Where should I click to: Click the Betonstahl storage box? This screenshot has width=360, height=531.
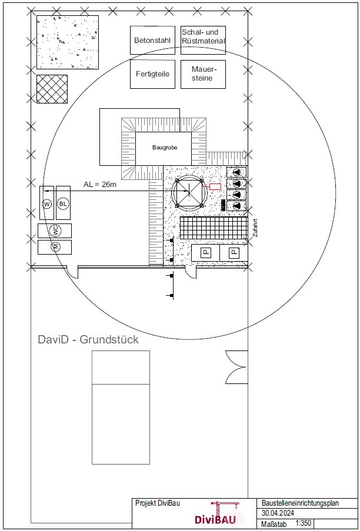[x=152, y=41]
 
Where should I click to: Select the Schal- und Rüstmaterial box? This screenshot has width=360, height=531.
[x=203, y=41]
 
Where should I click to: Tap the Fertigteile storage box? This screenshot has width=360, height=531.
[x=152, y=74]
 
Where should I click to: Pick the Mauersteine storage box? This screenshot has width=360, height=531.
[x=203, y=74]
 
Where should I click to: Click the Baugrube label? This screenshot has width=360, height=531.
[x=165, y=148]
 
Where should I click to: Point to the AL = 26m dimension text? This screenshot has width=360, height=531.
[x=100, y=184]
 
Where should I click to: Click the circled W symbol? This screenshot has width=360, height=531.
[x=47, y=203]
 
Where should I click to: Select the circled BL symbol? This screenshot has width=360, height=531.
[x=63, y=203]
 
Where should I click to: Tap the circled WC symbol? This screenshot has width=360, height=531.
[x=55, y=231]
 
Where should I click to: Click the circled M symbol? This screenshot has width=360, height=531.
[x=55, y=247]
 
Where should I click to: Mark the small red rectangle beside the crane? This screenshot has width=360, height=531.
[x=215, y=186]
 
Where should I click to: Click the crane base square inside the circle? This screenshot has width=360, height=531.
[x=189, y=193]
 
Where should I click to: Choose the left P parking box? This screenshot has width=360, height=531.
[x=206, y=252]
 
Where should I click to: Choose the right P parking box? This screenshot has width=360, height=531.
[x=234, y=252]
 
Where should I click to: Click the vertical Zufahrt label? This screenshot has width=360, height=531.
[x=255, y=228]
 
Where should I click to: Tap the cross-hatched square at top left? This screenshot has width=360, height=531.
[x=52, y=89]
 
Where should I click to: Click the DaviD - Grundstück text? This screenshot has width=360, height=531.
[x=88, y=339]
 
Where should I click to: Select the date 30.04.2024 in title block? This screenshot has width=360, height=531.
[x=279, y=513]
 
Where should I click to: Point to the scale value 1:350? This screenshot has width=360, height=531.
[x=304, y=523]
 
